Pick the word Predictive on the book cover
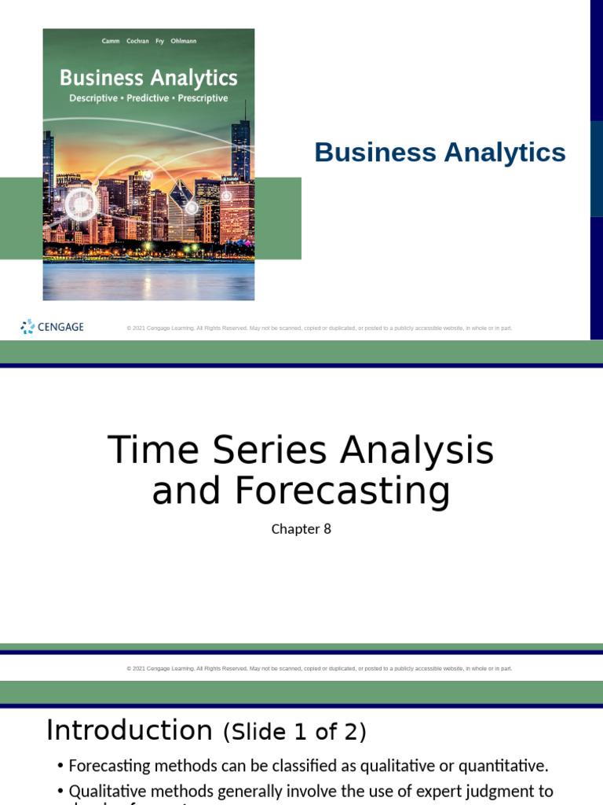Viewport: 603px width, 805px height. click(148, 98)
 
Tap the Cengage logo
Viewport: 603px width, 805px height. click(52, 327)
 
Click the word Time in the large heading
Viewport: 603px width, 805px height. click(140, 451)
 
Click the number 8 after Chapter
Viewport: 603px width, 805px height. click(327, 529)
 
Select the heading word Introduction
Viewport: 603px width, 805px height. click(130, 730)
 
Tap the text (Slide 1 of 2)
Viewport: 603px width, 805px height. click(294, 733)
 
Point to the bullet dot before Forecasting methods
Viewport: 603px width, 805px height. click(60, 766)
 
